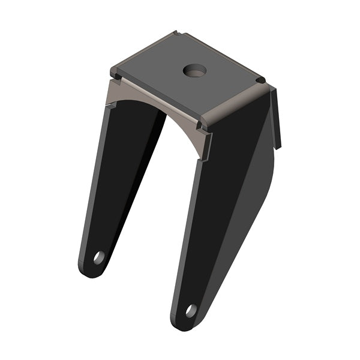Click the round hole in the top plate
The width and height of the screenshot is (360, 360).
click(x=194, y=70)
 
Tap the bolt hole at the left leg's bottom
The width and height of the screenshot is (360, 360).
click(x=98, y=257)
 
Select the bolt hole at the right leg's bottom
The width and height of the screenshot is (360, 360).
click(x=191, y=310)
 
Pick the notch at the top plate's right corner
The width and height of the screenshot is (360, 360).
click(x=261, y=80)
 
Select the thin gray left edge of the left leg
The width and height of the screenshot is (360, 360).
click(x=90, y=198)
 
